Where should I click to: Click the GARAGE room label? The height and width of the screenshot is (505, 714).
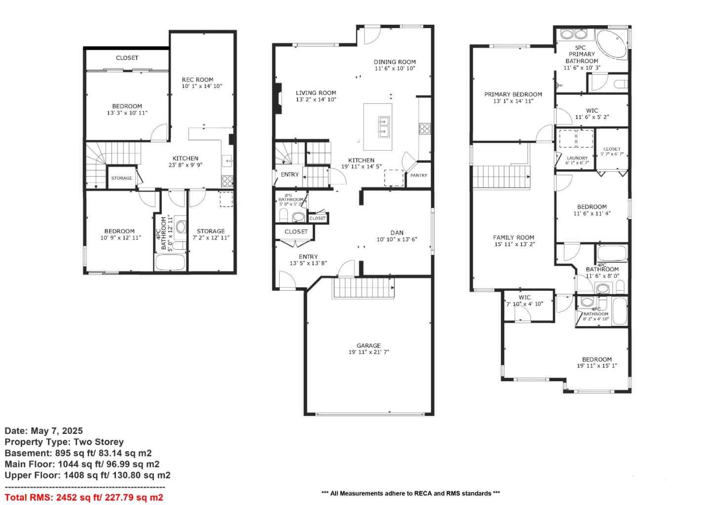(369, 346)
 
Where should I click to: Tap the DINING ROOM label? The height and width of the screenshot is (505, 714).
(394, 62)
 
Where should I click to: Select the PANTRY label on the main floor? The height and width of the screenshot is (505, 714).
(419, 175)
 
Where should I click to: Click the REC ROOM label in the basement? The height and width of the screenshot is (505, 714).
(197, 79)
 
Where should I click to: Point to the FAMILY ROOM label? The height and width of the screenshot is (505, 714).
(513, 237)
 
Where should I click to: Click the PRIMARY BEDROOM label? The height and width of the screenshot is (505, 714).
(513, 94)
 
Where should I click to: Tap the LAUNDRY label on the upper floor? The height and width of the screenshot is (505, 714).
(577, 158)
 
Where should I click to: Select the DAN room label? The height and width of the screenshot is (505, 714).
(397, 233)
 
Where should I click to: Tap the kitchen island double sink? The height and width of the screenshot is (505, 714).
(383, 126)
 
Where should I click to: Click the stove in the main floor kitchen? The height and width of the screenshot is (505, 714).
(424, 129)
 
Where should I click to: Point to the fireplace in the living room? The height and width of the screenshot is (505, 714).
(278, 99)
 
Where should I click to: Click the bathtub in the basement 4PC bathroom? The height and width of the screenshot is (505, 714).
(170, 262)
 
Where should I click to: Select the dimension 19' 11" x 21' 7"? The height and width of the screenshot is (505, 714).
(369, 352)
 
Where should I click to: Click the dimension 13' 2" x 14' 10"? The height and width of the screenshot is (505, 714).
(316, 100)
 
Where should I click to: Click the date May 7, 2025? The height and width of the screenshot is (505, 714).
(44, 431)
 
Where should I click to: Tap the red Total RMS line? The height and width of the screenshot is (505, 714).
(84, 498)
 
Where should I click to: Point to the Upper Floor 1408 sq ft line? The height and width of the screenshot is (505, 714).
(87, 475)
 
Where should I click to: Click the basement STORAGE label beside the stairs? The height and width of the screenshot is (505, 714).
(121, 178)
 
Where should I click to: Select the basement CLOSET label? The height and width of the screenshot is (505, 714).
(127, 58)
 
